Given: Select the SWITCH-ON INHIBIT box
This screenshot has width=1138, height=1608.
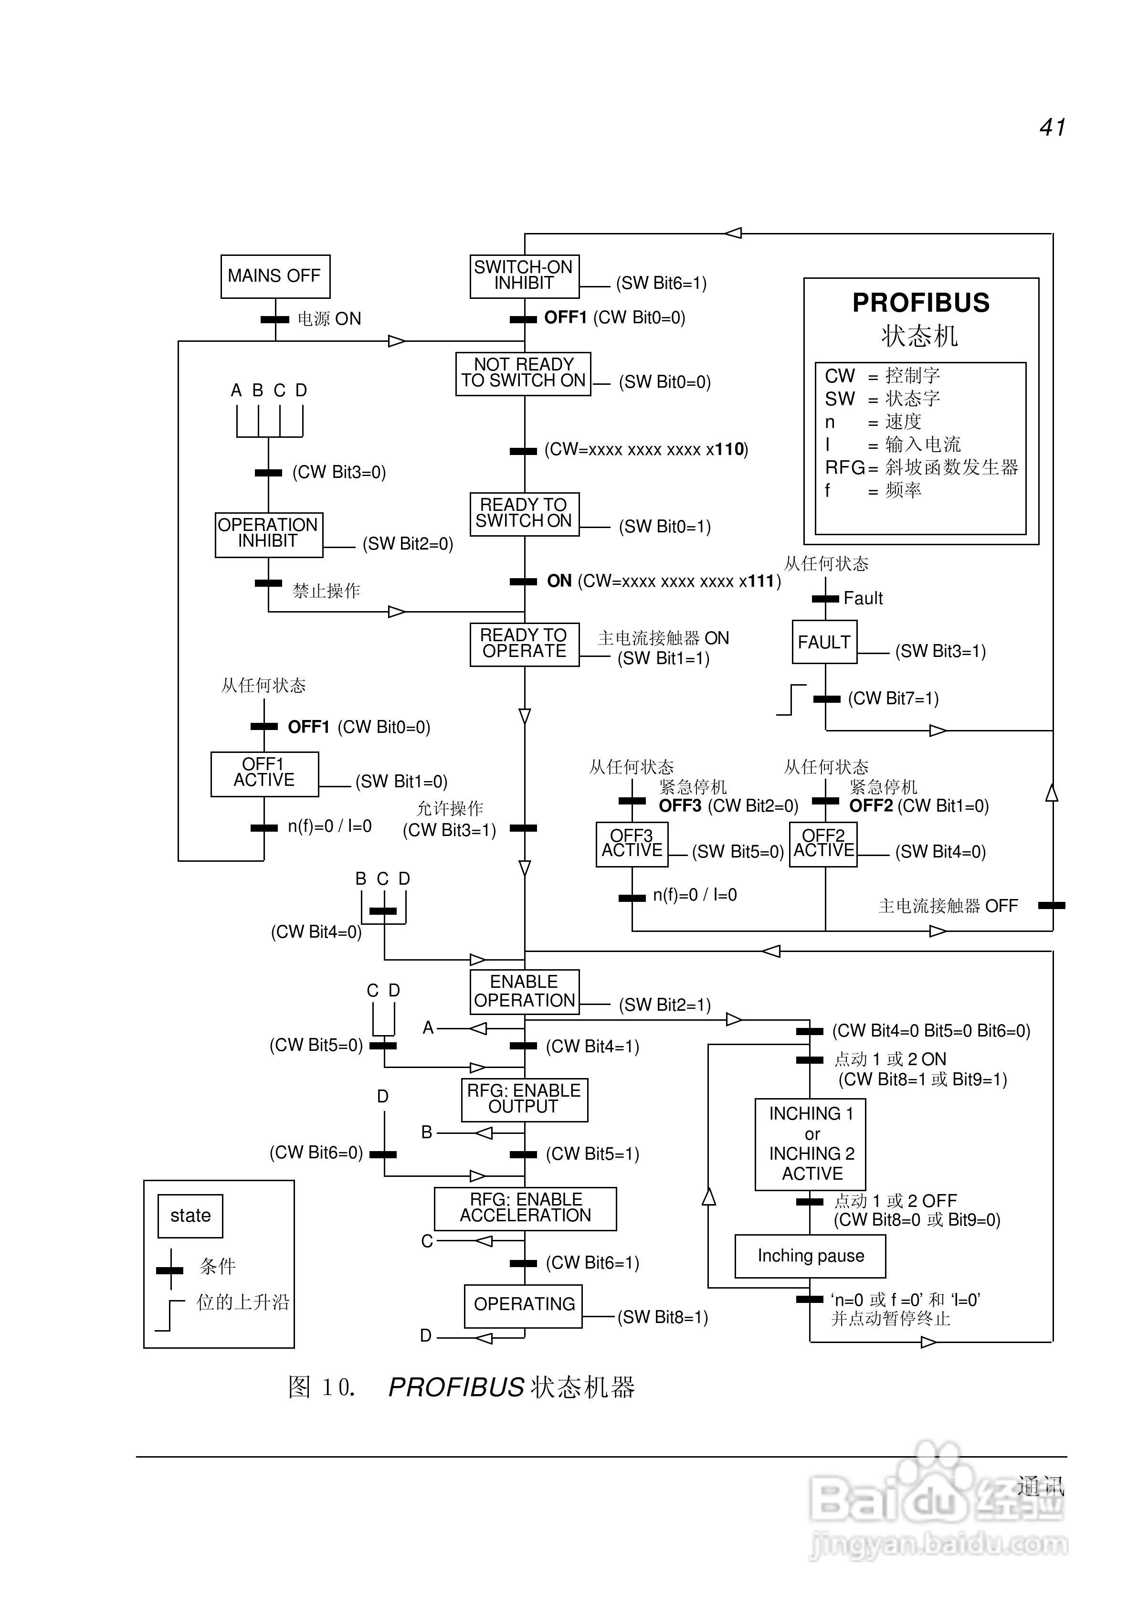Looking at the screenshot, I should point(524,276).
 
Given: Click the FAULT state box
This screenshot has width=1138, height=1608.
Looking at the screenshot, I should point(824,641).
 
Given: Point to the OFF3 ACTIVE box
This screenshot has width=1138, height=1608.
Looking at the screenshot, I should point(632,844).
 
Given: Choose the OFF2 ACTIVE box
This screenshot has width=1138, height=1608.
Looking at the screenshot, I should point(823,844).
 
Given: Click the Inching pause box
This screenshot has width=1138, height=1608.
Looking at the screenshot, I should point(810,1256).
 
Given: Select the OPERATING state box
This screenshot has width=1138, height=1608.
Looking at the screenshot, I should point(524,1305).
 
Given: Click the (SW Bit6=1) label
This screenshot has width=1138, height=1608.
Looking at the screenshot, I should point(661,283).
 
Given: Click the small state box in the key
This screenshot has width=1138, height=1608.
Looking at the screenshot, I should point(190,1216).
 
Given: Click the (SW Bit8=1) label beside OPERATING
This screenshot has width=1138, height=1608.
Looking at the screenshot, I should point(662,1317).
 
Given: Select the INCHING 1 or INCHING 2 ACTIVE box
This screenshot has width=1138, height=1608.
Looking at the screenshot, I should point(810,1143).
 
